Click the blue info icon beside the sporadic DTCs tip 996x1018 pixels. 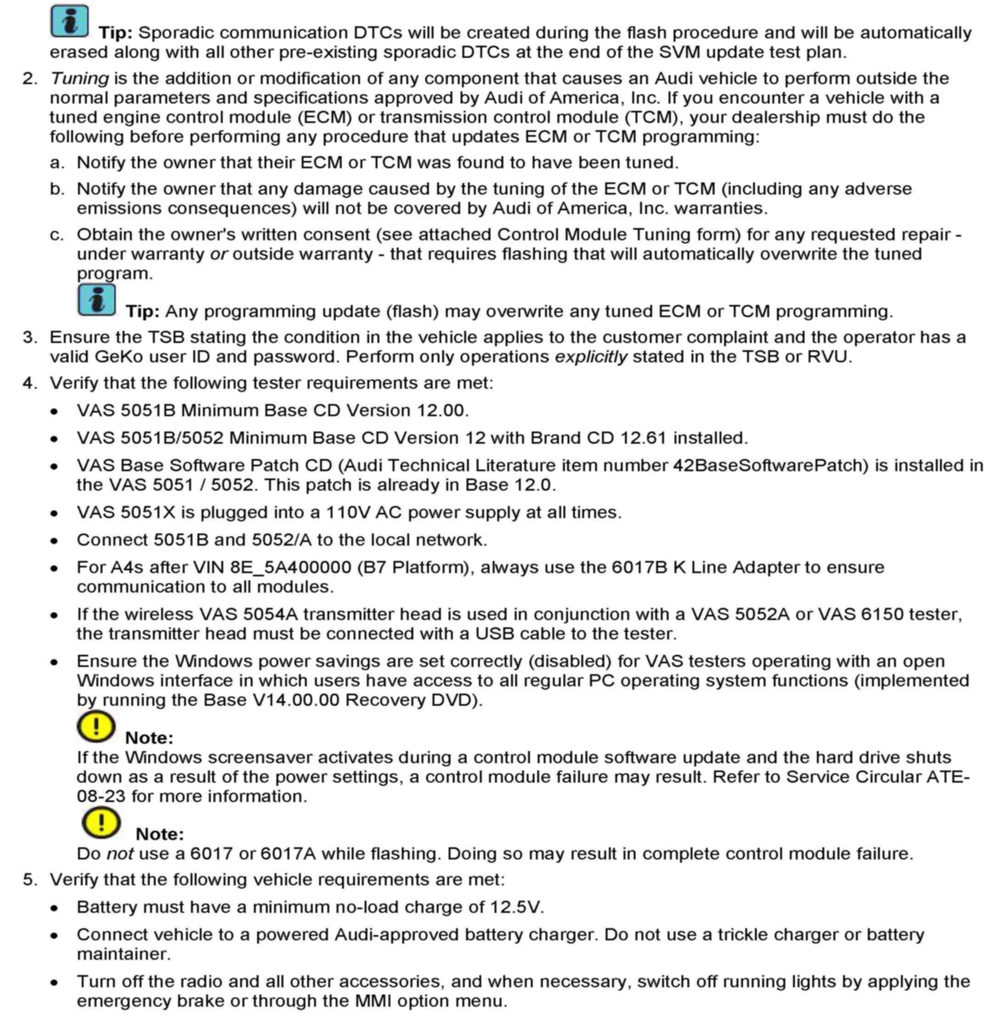[x=69, y=22]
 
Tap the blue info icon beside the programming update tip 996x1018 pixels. [x=96, y=300]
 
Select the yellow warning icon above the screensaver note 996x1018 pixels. [x=96, y=726]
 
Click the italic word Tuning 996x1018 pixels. [x=79, y=79]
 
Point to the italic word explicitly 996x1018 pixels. [x=591, y=357]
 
